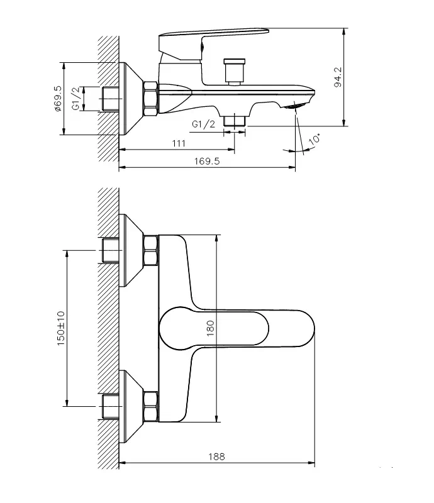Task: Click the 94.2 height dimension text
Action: click(x=338, y=77)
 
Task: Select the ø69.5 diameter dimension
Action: click(x=57, y=99)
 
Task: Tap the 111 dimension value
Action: click(x=179, y=143)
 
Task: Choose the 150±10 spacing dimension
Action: click(x=61, y=328)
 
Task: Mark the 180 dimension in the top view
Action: click(x=211, y=328)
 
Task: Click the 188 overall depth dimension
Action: click(x=218, y=456)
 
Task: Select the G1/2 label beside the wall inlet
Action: click(x=75, y=99)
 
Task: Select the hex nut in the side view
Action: click(x=151, y=99)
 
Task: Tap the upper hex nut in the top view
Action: click(x=151, y=250)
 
